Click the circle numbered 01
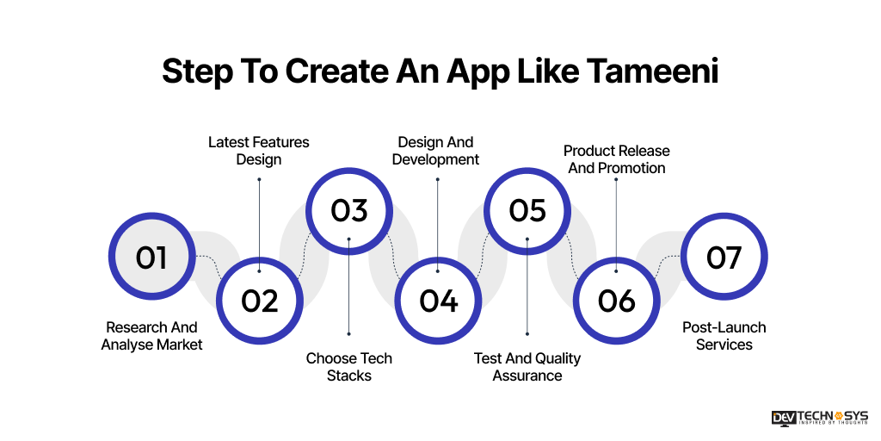click(x=151, y=257)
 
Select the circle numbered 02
click(x=259, y=300)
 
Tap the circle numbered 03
click(x=348, y=211)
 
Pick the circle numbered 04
click(x=438, y=300)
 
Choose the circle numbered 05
click(x=527, y=211)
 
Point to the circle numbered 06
click(x=616, y=300)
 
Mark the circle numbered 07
click(x=724, y=257)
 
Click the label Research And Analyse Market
click(x=151, y=336)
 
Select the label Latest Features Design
click(x=259, y=151)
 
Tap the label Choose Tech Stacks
click(x=348, y=367)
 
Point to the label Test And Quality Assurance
click(x=527, y=367)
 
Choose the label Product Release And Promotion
click(x=616, y=159)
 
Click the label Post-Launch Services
click(x=724, y=336)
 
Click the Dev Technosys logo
click(x=819, y=418)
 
